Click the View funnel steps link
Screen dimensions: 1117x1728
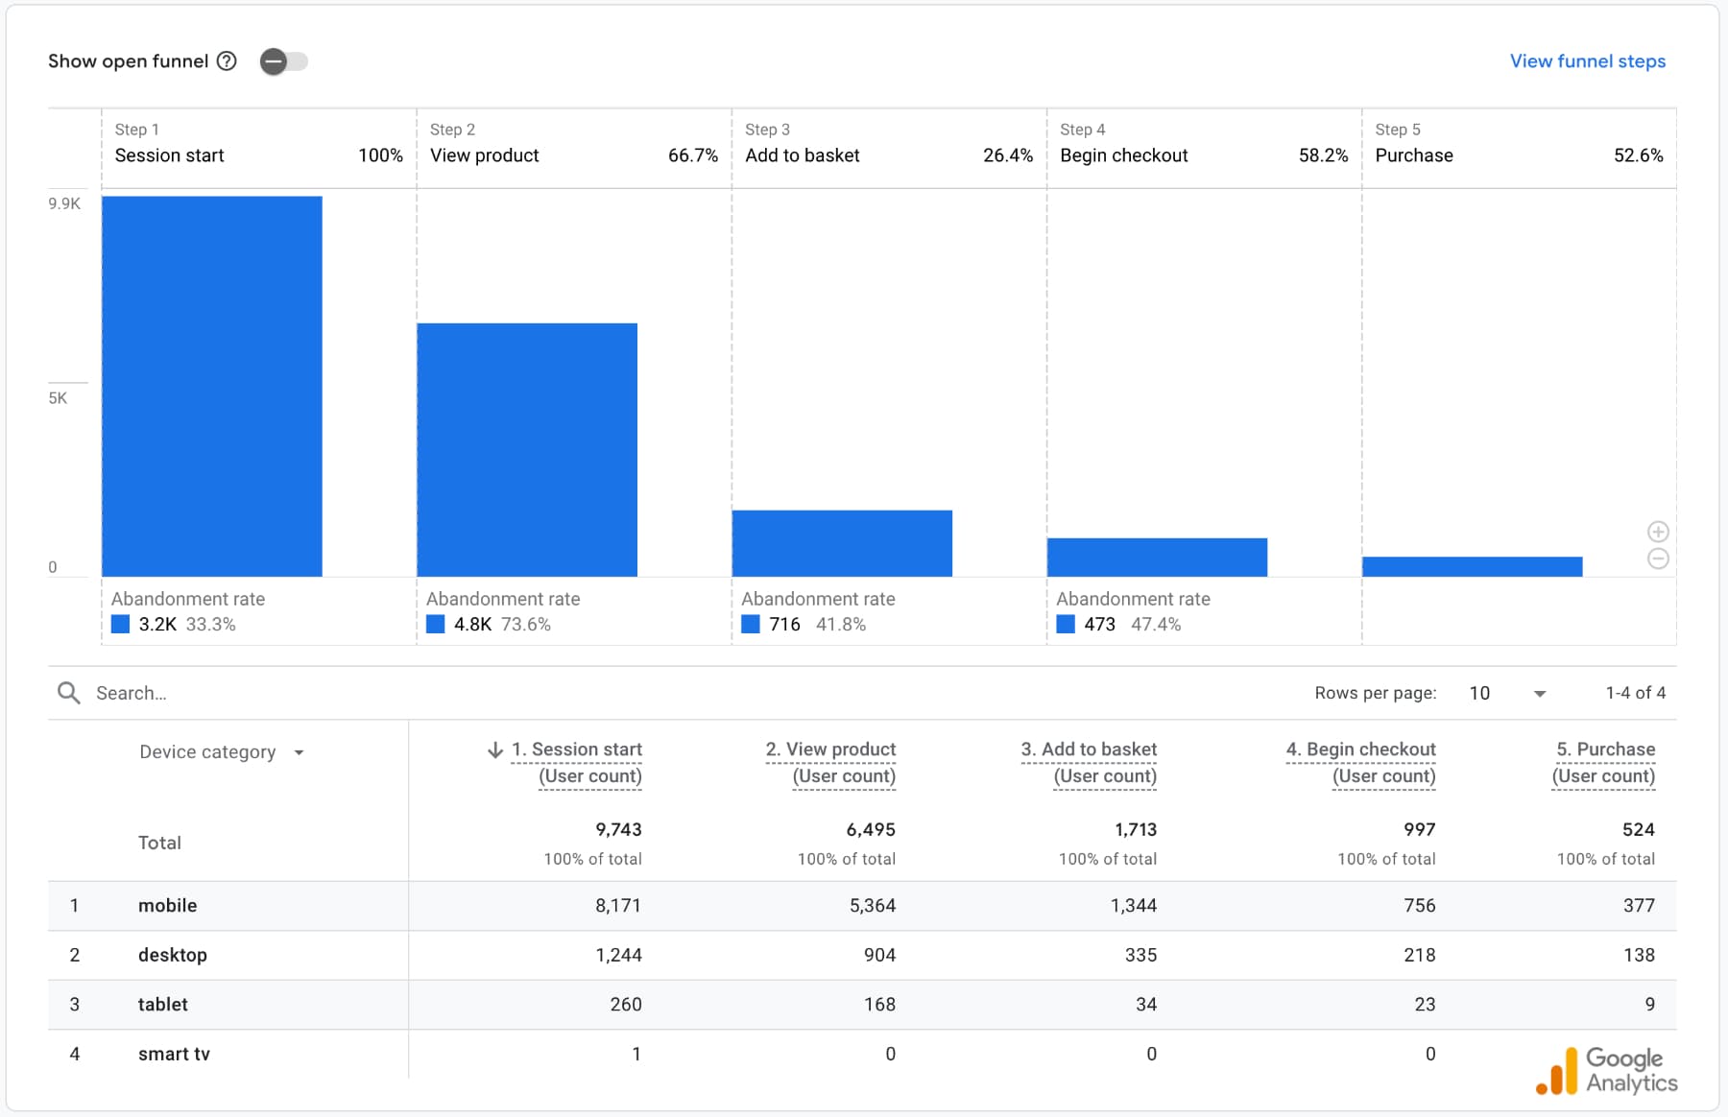click(x=1587, y=61)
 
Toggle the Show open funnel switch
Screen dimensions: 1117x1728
click(x=283, y=61)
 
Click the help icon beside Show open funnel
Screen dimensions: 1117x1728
click(x=227, y=61)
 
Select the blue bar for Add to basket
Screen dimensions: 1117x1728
click(x=841, y=543)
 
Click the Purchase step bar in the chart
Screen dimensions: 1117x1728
click(x=1471, y=566)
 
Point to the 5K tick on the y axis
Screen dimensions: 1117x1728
click(x=59, y=398)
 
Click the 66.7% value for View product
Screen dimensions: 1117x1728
click(x=692, y=155)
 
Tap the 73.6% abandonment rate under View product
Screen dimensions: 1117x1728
click(x=526, y=625)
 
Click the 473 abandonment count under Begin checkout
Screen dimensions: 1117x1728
click(x=1099, y=625)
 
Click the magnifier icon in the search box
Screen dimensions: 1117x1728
click(x=68, y=693)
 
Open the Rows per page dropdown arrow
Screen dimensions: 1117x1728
click(x=1539, y=694)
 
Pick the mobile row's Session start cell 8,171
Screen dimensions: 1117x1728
click(x=617, y=906)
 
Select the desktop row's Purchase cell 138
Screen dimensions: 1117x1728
click(x=1638, y=955)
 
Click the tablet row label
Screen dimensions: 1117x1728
click(x=163, y=1005)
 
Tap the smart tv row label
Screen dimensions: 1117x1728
click(x=174, y=1054)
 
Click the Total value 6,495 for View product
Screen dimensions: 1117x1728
click(x=870, y=829)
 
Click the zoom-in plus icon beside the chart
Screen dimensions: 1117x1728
click(x=1657, y=532)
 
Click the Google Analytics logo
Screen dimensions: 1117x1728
click(x=1606, y=1070)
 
